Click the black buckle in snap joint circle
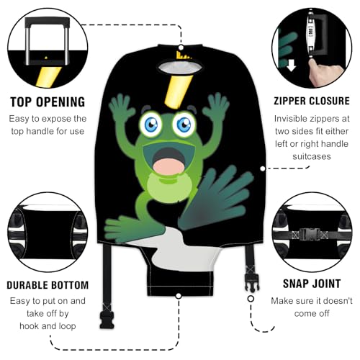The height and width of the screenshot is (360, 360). [310, 233]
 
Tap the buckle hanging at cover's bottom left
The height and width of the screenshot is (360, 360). [106, 316]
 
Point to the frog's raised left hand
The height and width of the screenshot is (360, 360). [122, 108]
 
